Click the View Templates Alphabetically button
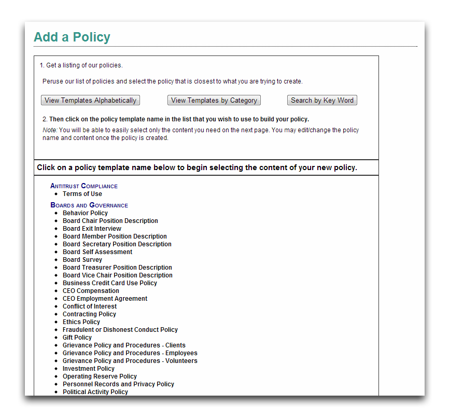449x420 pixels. coord(90,101)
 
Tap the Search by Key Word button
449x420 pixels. coord(322,101)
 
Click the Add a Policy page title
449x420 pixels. coord(72,37)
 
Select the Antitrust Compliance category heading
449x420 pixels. coord(84,186)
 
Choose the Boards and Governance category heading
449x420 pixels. coord(89,205)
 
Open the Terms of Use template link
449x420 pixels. coord(82,194)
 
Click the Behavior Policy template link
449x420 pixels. coord(85,213)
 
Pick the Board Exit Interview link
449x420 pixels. coord(92,229)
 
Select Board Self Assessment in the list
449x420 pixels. coord(97,252)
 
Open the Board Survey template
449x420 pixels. coord(82,260)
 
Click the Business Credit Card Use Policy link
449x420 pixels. coord(110,283)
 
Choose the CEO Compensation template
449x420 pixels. coord(91,291)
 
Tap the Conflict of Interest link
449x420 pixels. coord(90,306)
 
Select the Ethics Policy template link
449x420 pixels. coord(81,322)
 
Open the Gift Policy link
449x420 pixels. coord(77,338)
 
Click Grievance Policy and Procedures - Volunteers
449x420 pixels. coord(130,361)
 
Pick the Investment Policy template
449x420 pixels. coord(89,369)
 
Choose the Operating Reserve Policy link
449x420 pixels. coord(100,376)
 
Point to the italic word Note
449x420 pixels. coord(49,130)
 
